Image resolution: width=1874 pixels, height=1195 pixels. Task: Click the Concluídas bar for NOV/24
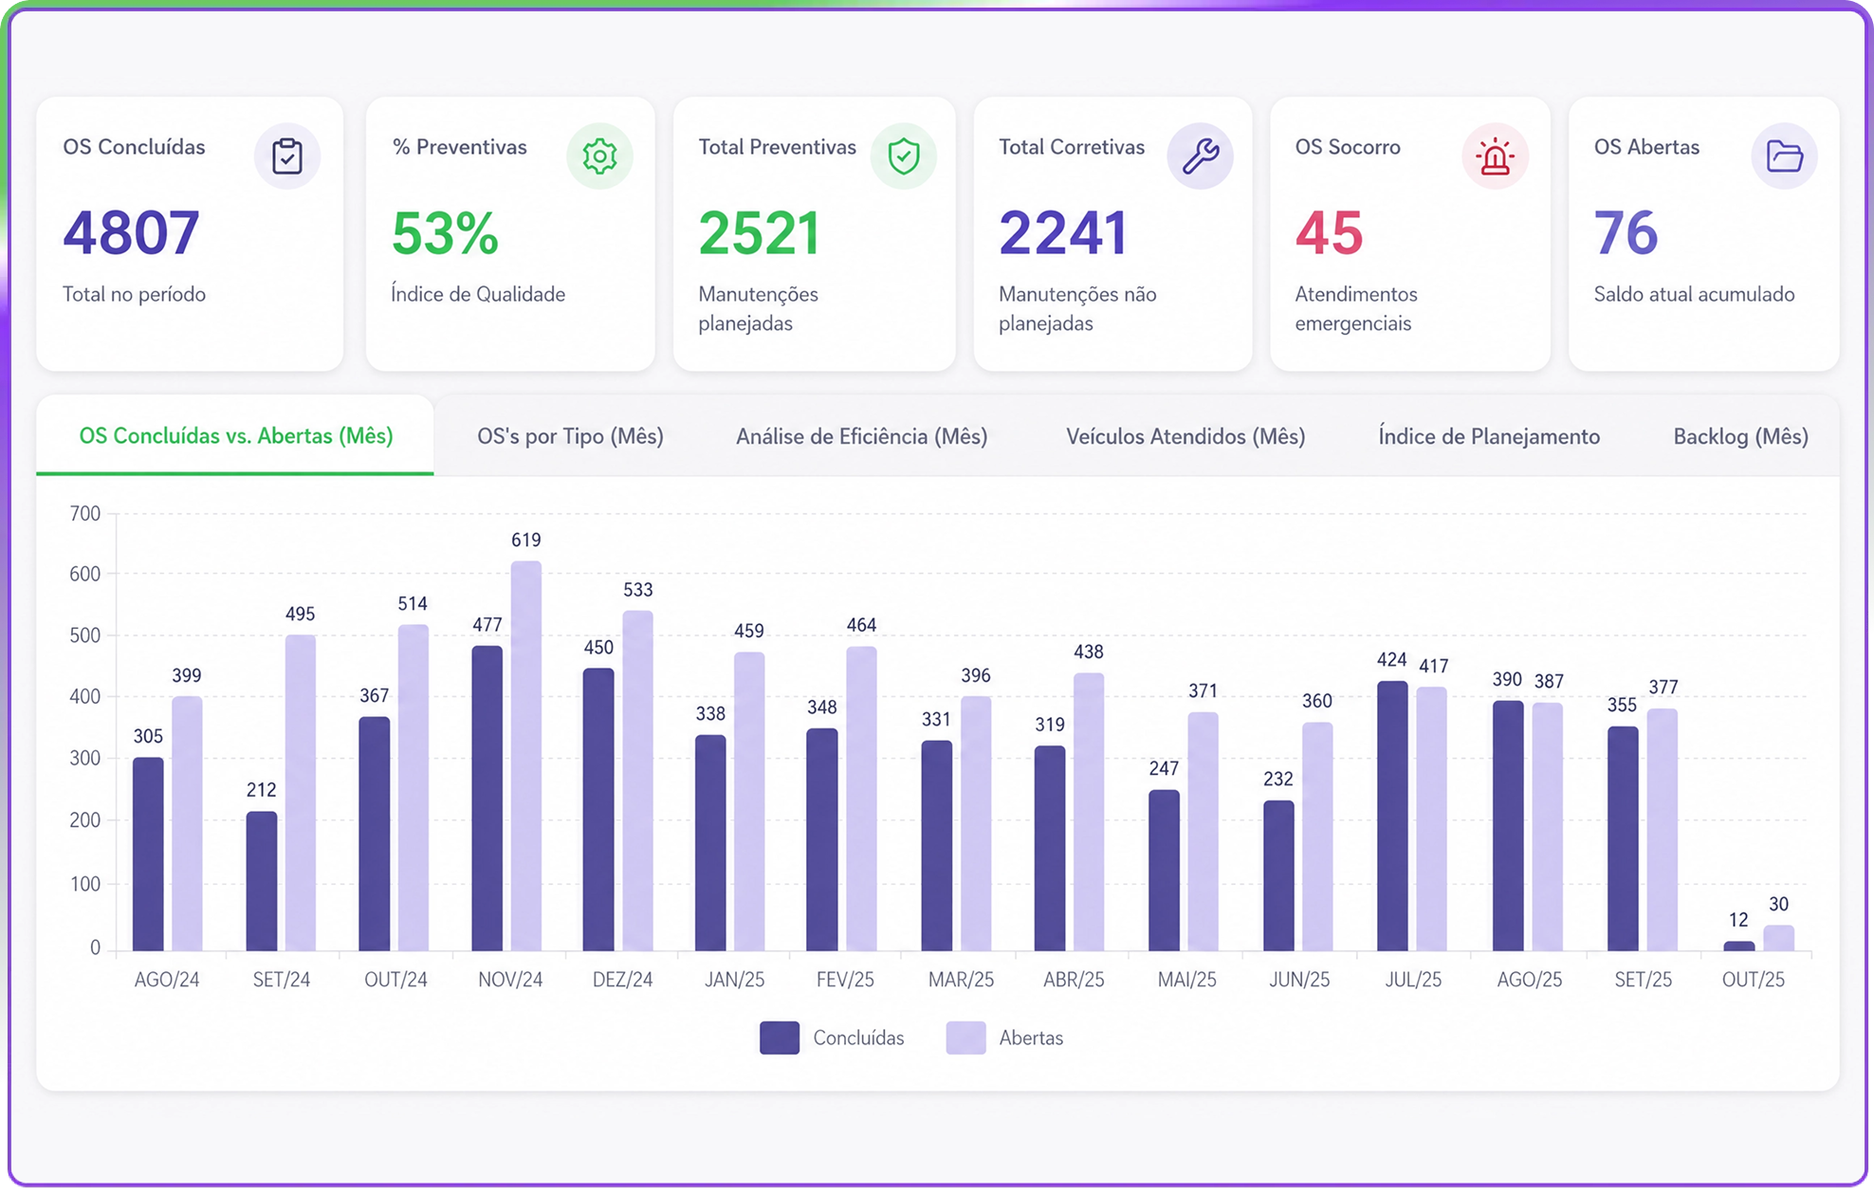pyautogui.click(x=487, y=799)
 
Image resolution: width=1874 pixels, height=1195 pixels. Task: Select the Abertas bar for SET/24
pyautogui.click(x=301, y=793)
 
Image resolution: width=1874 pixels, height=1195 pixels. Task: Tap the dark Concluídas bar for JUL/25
pyautogui.click(x=1392, y=816)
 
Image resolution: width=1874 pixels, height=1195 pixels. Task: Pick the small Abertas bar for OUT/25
pyautogui.click(x=1778, y=938)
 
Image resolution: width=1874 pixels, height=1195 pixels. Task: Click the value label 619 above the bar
pyautogui.click(x=526, y=540)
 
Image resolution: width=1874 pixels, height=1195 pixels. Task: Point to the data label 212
pyautogui.click(x=261, y=790)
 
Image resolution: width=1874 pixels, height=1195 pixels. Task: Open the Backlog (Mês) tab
pyautogui.click(x=1740, y=436)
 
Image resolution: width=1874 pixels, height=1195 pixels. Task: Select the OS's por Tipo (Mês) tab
pyautogui.click(x=570, y=436)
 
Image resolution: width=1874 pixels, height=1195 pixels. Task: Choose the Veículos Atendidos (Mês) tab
pyautogui.click(x=1185, y=436)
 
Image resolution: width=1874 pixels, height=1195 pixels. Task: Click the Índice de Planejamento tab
pyautogui.click(x=1489, y=436)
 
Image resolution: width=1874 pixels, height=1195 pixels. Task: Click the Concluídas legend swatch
pyautogui.click(x=780, y=1038)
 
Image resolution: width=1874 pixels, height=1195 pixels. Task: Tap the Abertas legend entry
pyautogui.click(x=1004, y=1038)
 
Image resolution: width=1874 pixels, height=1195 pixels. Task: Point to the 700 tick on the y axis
pyautogui.click(x=85, y=514)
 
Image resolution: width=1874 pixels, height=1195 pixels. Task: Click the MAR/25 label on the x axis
pyautogui.click(x=961, y=980)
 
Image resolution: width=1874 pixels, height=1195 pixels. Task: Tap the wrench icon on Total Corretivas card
pyautogui.click(x=1201, y=156)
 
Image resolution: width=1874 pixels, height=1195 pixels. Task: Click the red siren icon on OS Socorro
pyautogui.click(x=1495, y=156)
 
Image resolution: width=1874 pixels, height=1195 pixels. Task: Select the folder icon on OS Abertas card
pyautogui.click(x=1784, y=156)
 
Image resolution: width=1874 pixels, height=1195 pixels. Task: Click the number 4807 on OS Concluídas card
pyautogui.click(x=131, y=233)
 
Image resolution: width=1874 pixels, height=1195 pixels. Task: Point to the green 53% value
pyautogui.click(x=445, y=233)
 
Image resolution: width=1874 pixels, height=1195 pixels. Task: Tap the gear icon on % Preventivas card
pyautogui.click(x=599, y=156)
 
